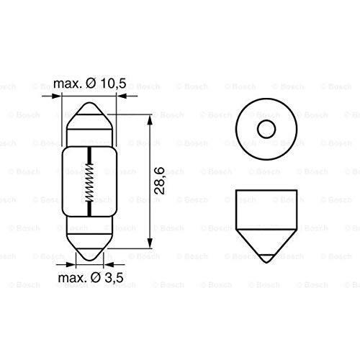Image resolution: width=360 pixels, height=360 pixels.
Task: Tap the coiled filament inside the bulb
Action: click(90, 183)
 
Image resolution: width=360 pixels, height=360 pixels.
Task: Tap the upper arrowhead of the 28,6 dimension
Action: click(150, 117)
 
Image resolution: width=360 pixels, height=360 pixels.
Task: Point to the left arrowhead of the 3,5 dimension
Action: click(74, 264)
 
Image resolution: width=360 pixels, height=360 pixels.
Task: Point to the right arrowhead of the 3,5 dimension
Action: click(106, 264)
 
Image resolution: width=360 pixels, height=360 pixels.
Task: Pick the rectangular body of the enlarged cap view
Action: click(266, 206)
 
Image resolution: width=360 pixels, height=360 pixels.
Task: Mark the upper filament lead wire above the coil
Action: click(90, 156)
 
